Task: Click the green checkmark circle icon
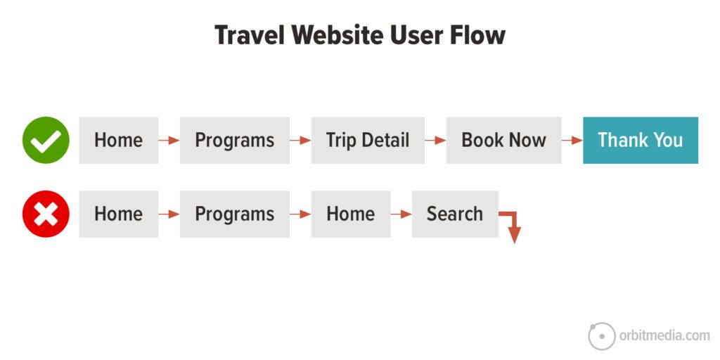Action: click(46, 140)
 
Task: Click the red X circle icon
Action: click(46, 214)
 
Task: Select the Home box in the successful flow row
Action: click(118, 140)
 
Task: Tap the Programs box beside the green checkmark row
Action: click(234, 140)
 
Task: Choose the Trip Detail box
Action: click(367, 140)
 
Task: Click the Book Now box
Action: click(503, 140)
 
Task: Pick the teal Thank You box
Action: click(640, 140)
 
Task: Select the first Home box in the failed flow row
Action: click(118, 214)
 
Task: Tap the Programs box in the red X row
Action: click(234, 214)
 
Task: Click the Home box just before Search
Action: click(350, 214)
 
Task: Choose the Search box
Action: click(454, 214)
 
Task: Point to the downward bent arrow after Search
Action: click(513, 226)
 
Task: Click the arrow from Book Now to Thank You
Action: click(572, 141)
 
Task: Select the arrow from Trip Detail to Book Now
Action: click(435, 141)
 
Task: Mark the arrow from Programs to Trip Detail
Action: click(300, 141)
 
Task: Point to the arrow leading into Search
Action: click(401, 214)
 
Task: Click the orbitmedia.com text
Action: click(664, 335)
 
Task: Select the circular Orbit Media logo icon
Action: click(601, 335)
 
